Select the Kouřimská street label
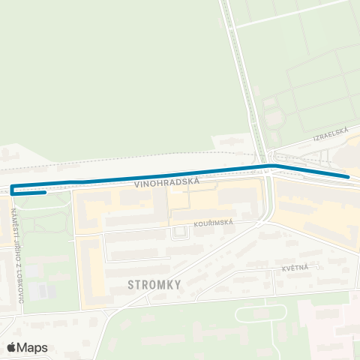[213, 223]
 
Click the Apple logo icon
[12, 347]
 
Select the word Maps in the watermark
[32, 347]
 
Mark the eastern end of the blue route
[348, 176]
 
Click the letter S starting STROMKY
[131, 284]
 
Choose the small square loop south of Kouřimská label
[179, 233]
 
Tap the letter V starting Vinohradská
[138, 184]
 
